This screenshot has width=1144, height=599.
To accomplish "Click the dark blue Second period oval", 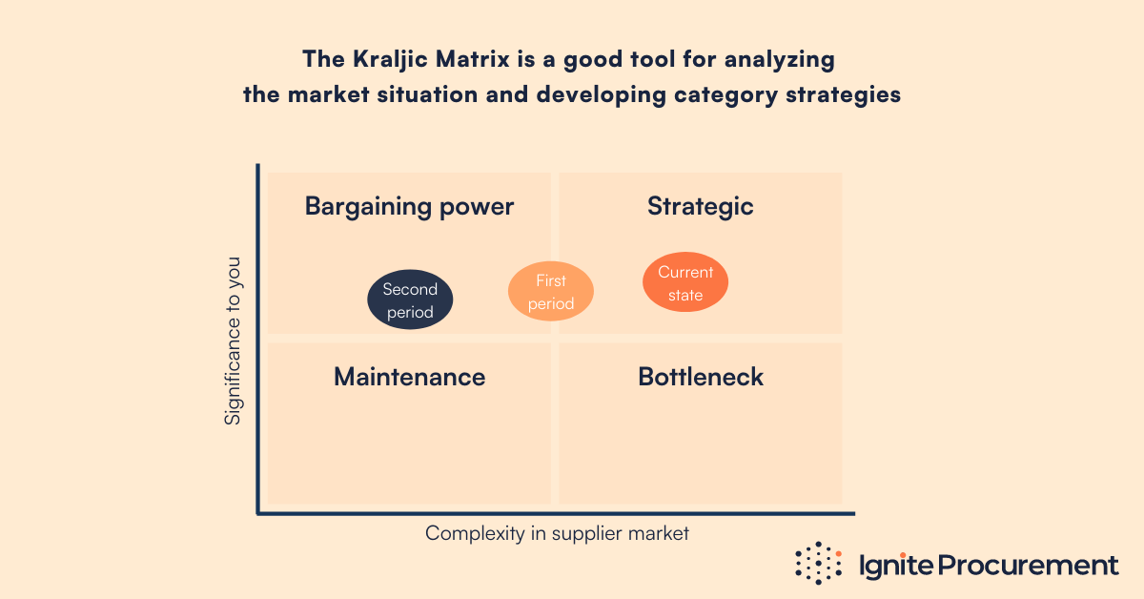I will point(410,300).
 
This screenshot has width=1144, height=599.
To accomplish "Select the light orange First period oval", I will point(551,292).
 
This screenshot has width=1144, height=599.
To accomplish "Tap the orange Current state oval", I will point(685,283).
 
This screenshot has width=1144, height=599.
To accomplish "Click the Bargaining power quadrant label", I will point(409,206).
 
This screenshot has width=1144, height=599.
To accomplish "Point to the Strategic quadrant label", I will point(701,206).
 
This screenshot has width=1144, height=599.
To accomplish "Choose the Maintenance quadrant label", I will point(409,377).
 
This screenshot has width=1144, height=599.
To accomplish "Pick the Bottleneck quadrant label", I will point(701,377).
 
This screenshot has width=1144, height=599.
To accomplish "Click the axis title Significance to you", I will point(234,341).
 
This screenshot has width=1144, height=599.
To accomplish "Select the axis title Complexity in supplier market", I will point(557,533).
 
